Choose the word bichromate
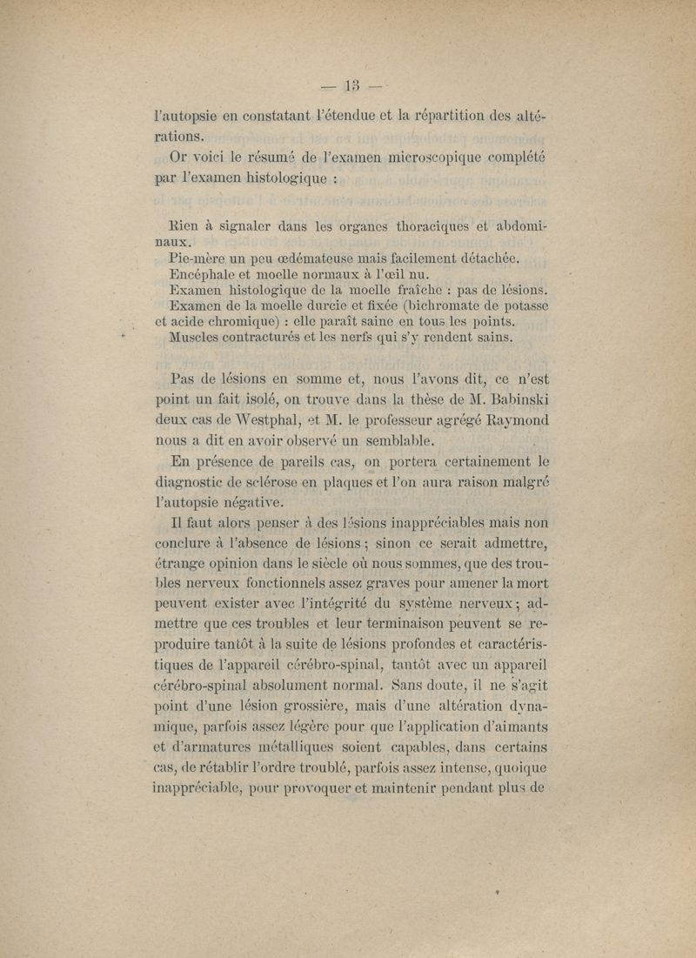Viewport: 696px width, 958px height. pos(440,306)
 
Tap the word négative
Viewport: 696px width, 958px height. pos(259,501)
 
